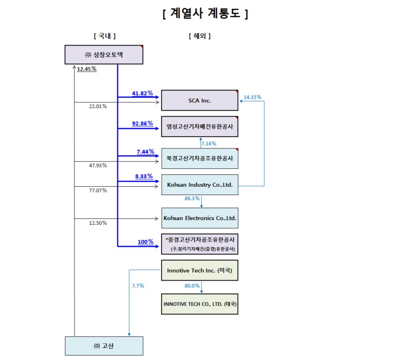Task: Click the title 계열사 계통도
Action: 205,14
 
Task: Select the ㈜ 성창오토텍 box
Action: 104,55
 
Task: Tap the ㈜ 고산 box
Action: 104,346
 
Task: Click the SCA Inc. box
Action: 200,100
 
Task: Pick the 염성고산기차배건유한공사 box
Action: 200,126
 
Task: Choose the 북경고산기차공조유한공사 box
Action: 200,158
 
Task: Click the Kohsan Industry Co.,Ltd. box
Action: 200,185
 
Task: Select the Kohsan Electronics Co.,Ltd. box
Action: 200,218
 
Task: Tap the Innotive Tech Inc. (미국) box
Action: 200,271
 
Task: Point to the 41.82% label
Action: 142,93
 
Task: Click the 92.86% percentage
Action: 142,124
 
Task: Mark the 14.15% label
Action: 252,97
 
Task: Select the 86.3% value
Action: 192,198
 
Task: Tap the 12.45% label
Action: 86,69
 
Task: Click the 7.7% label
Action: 138,286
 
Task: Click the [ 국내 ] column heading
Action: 104,36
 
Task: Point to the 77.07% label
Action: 98,190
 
